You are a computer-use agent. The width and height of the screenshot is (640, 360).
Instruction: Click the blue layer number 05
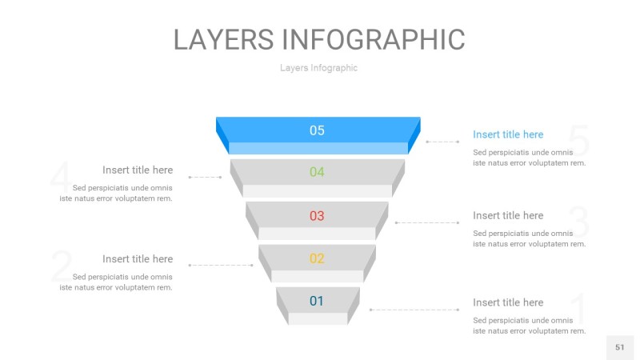click(317, 130)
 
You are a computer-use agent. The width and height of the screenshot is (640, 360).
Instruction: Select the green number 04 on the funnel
click(317, 172)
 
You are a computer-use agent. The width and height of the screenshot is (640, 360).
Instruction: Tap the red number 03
click(317, 215)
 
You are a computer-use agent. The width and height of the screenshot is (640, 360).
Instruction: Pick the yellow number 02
click(317, 258)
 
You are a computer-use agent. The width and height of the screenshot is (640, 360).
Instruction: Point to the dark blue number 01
click(317, 301)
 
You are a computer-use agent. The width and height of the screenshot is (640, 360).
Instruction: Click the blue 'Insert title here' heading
click(508, 134)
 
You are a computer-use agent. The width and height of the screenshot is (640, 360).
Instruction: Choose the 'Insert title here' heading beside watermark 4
click(138, 170)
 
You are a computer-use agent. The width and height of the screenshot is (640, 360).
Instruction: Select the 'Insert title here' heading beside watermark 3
click(508, 215)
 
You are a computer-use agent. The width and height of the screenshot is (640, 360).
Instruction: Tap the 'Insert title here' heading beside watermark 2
click(138, 258)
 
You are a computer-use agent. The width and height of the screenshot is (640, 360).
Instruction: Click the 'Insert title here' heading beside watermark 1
click(508, 302)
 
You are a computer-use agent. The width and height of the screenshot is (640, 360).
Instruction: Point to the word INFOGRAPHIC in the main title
click(374, 39)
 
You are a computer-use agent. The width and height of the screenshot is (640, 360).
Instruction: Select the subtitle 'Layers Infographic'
click(318, 68)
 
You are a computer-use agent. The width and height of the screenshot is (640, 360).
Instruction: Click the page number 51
click(619, 347)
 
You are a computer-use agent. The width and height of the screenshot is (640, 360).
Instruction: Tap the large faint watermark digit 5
click(579, 142)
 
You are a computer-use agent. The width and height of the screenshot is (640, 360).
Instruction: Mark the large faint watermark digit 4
click(60, 178)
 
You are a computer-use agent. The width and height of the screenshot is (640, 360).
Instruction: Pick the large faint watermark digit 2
click(61, 266)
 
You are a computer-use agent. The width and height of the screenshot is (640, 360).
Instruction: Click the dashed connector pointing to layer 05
click(442, 142)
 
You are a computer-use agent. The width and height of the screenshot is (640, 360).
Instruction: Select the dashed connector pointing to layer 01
click(414, 310)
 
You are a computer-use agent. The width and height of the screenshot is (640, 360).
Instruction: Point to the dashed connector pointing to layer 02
click(220, 265)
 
